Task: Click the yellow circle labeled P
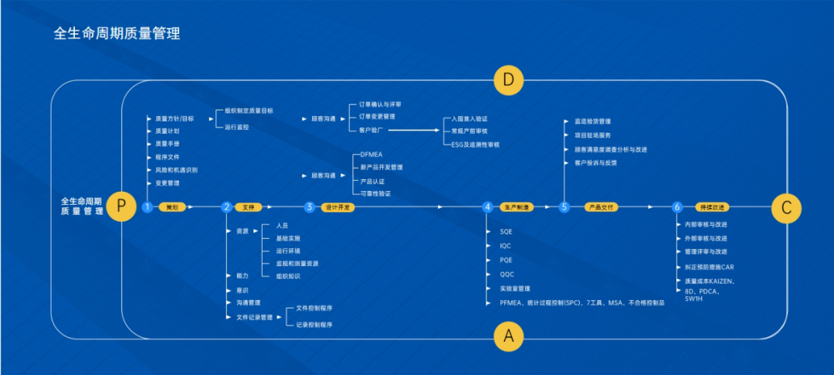pyautogui.click(x=121, y=206)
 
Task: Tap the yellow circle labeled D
pyautogui.click(x=508, y=80)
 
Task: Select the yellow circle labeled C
pyautogui.click(x=786, y=206)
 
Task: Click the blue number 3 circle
pyautogui.click(x=310, y=207)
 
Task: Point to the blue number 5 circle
pyautogui.click(x=564, y=207)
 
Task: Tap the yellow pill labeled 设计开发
pyautogui.click(x=337, y=207)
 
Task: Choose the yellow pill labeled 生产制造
pyautogui.click(x=517, y=207)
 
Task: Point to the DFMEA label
pyautogui.click(x=371, y=155)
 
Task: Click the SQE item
pyautogui.click(x=506, y=231)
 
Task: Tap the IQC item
pyautogui.click(x=506, y=245)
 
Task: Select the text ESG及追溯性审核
pyautogui.click(x=475, y=145)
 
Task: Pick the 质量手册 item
pyautogui.click(x=168, y=144)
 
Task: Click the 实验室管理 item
pyautogui.click(x=514, y=288)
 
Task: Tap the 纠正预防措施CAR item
pyautogui.click(x=704, y=267)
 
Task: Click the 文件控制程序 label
pyautogui.click(x=314, y=308)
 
